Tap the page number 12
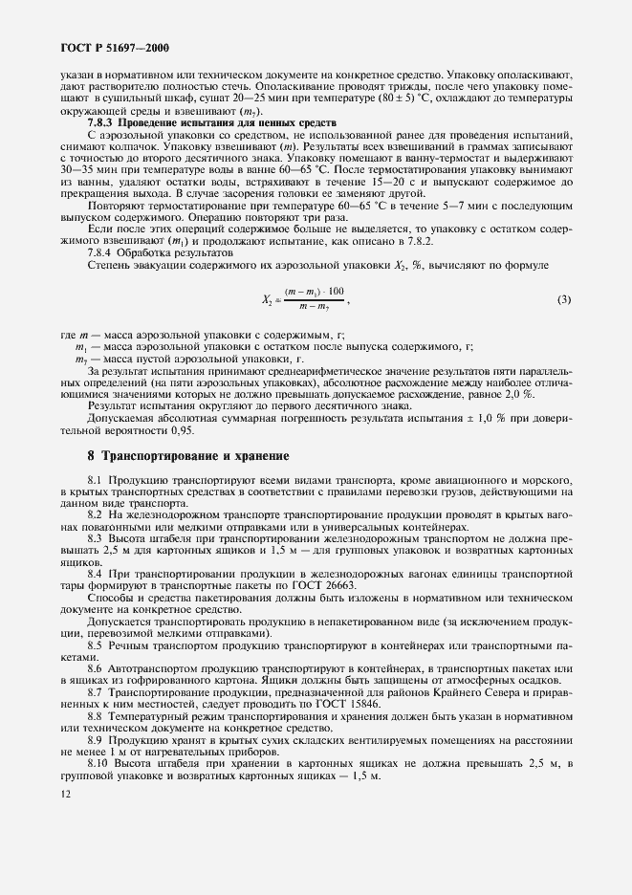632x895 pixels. click(64, 793)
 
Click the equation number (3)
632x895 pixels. click(563, 299)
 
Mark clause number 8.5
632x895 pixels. click(97, 644)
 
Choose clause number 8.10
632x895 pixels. click(99, 763)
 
